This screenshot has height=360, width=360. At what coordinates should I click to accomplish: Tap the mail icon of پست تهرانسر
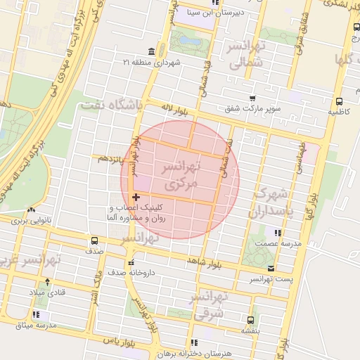[271, 269]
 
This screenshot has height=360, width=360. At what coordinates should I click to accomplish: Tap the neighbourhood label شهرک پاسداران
[269, 202]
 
